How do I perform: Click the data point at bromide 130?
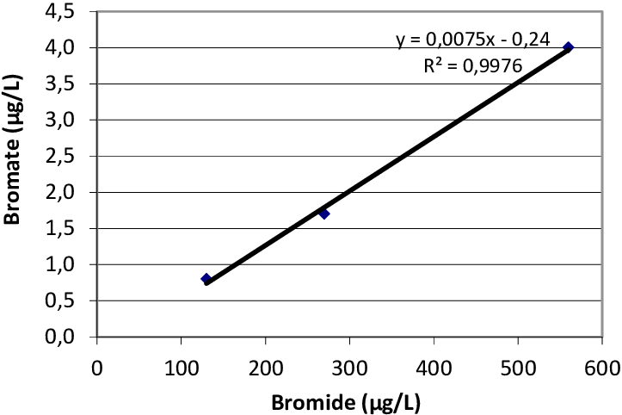(206, 278)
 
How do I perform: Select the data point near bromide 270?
(324, 214)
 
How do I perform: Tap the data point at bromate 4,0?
(568, 47)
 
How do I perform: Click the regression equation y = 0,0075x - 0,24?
(473, 40)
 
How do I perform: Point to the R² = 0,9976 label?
(473, 65)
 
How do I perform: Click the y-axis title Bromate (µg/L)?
(13, 149)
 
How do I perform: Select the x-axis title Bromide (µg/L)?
(346, 402)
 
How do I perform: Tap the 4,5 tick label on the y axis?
(59, 12)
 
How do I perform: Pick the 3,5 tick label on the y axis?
(59, 84)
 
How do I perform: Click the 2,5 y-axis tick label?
(59, 157)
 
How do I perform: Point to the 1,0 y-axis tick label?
(59, 264)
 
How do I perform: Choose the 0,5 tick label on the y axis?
(59, 300)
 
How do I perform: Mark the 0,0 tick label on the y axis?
(59, 337)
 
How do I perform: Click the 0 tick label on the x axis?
(97, 368)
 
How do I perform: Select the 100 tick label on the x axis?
(181, 368)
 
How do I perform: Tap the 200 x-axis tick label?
(265, 368)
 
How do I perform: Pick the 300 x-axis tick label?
(349, 368)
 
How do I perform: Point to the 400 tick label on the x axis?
(434, 368)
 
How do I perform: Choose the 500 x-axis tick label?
(518, 368)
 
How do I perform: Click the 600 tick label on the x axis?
(602, 368)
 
